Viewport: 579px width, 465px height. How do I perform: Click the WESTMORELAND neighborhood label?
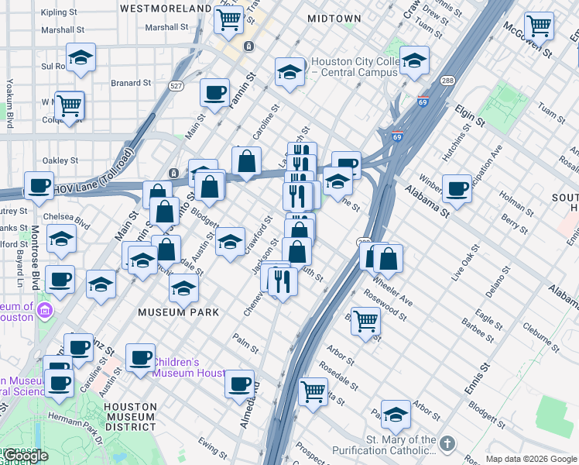point(166,8)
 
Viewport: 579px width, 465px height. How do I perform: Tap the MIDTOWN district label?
point(334,18)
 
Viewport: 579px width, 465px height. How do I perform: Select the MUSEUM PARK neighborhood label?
point(178,312)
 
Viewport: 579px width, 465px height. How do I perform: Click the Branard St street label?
point(131,83)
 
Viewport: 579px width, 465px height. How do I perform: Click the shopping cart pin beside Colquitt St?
point(70,104)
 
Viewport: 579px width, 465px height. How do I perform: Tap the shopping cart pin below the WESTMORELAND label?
point(229,20)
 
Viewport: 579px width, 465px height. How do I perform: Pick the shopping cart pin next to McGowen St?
point(539,26)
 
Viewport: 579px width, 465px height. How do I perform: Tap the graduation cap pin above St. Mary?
point(396,415)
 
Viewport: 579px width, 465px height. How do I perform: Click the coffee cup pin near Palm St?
point(240,383)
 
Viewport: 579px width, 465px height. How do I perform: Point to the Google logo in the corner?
point(26,456)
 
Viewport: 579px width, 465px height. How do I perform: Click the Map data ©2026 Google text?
point(532,459)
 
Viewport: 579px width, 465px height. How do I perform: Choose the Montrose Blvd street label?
point(35,252)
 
